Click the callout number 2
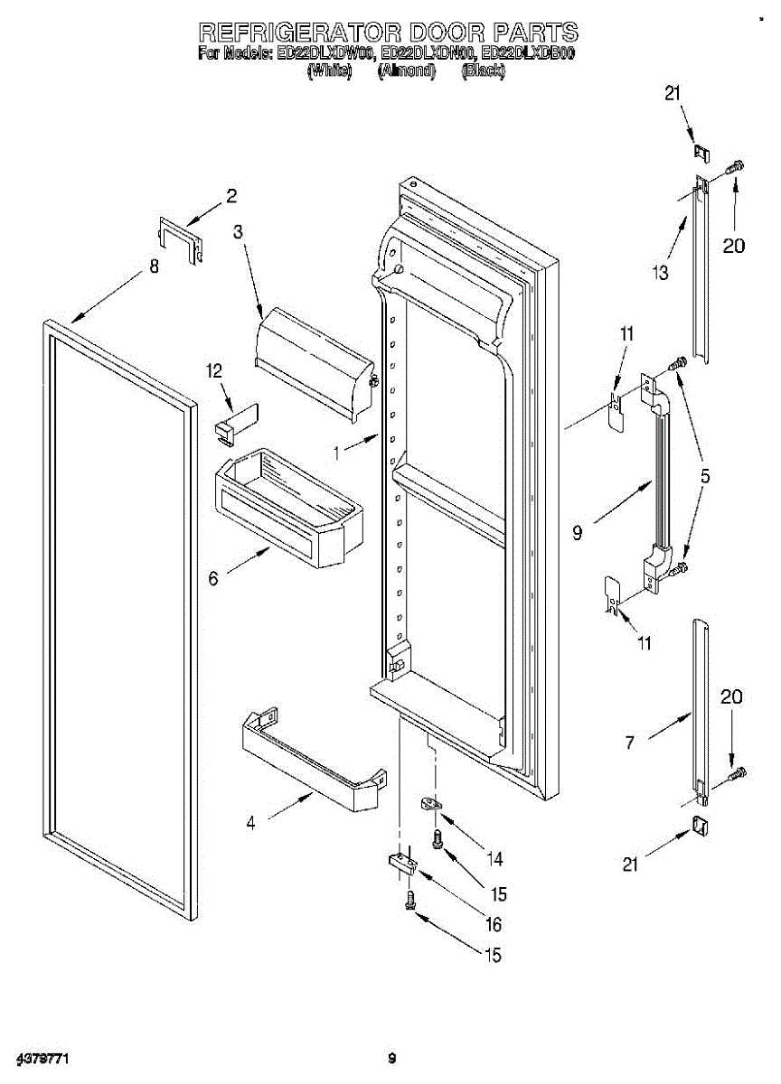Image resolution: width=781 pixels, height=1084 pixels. tap(231, 195)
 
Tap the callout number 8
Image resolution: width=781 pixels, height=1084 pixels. tap(154, 266)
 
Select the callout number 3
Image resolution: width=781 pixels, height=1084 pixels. tap(238, 232)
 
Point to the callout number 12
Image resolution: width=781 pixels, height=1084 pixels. tap(213, 370)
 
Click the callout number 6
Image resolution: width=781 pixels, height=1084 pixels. tap(213, 578)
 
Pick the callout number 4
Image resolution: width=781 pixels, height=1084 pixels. tap(251, 822)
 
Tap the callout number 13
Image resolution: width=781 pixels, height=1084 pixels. tap(662, 272)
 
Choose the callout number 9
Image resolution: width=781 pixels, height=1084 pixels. tap(578, 533)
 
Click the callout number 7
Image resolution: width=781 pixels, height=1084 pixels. tap(629, 743)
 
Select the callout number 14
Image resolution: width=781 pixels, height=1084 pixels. tap(494, 858)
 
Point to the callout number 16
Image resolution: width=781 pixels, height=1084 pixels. tap(494, 924)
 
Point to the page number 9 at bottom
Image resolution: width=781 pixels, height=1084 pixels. tap(391, 1058)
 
